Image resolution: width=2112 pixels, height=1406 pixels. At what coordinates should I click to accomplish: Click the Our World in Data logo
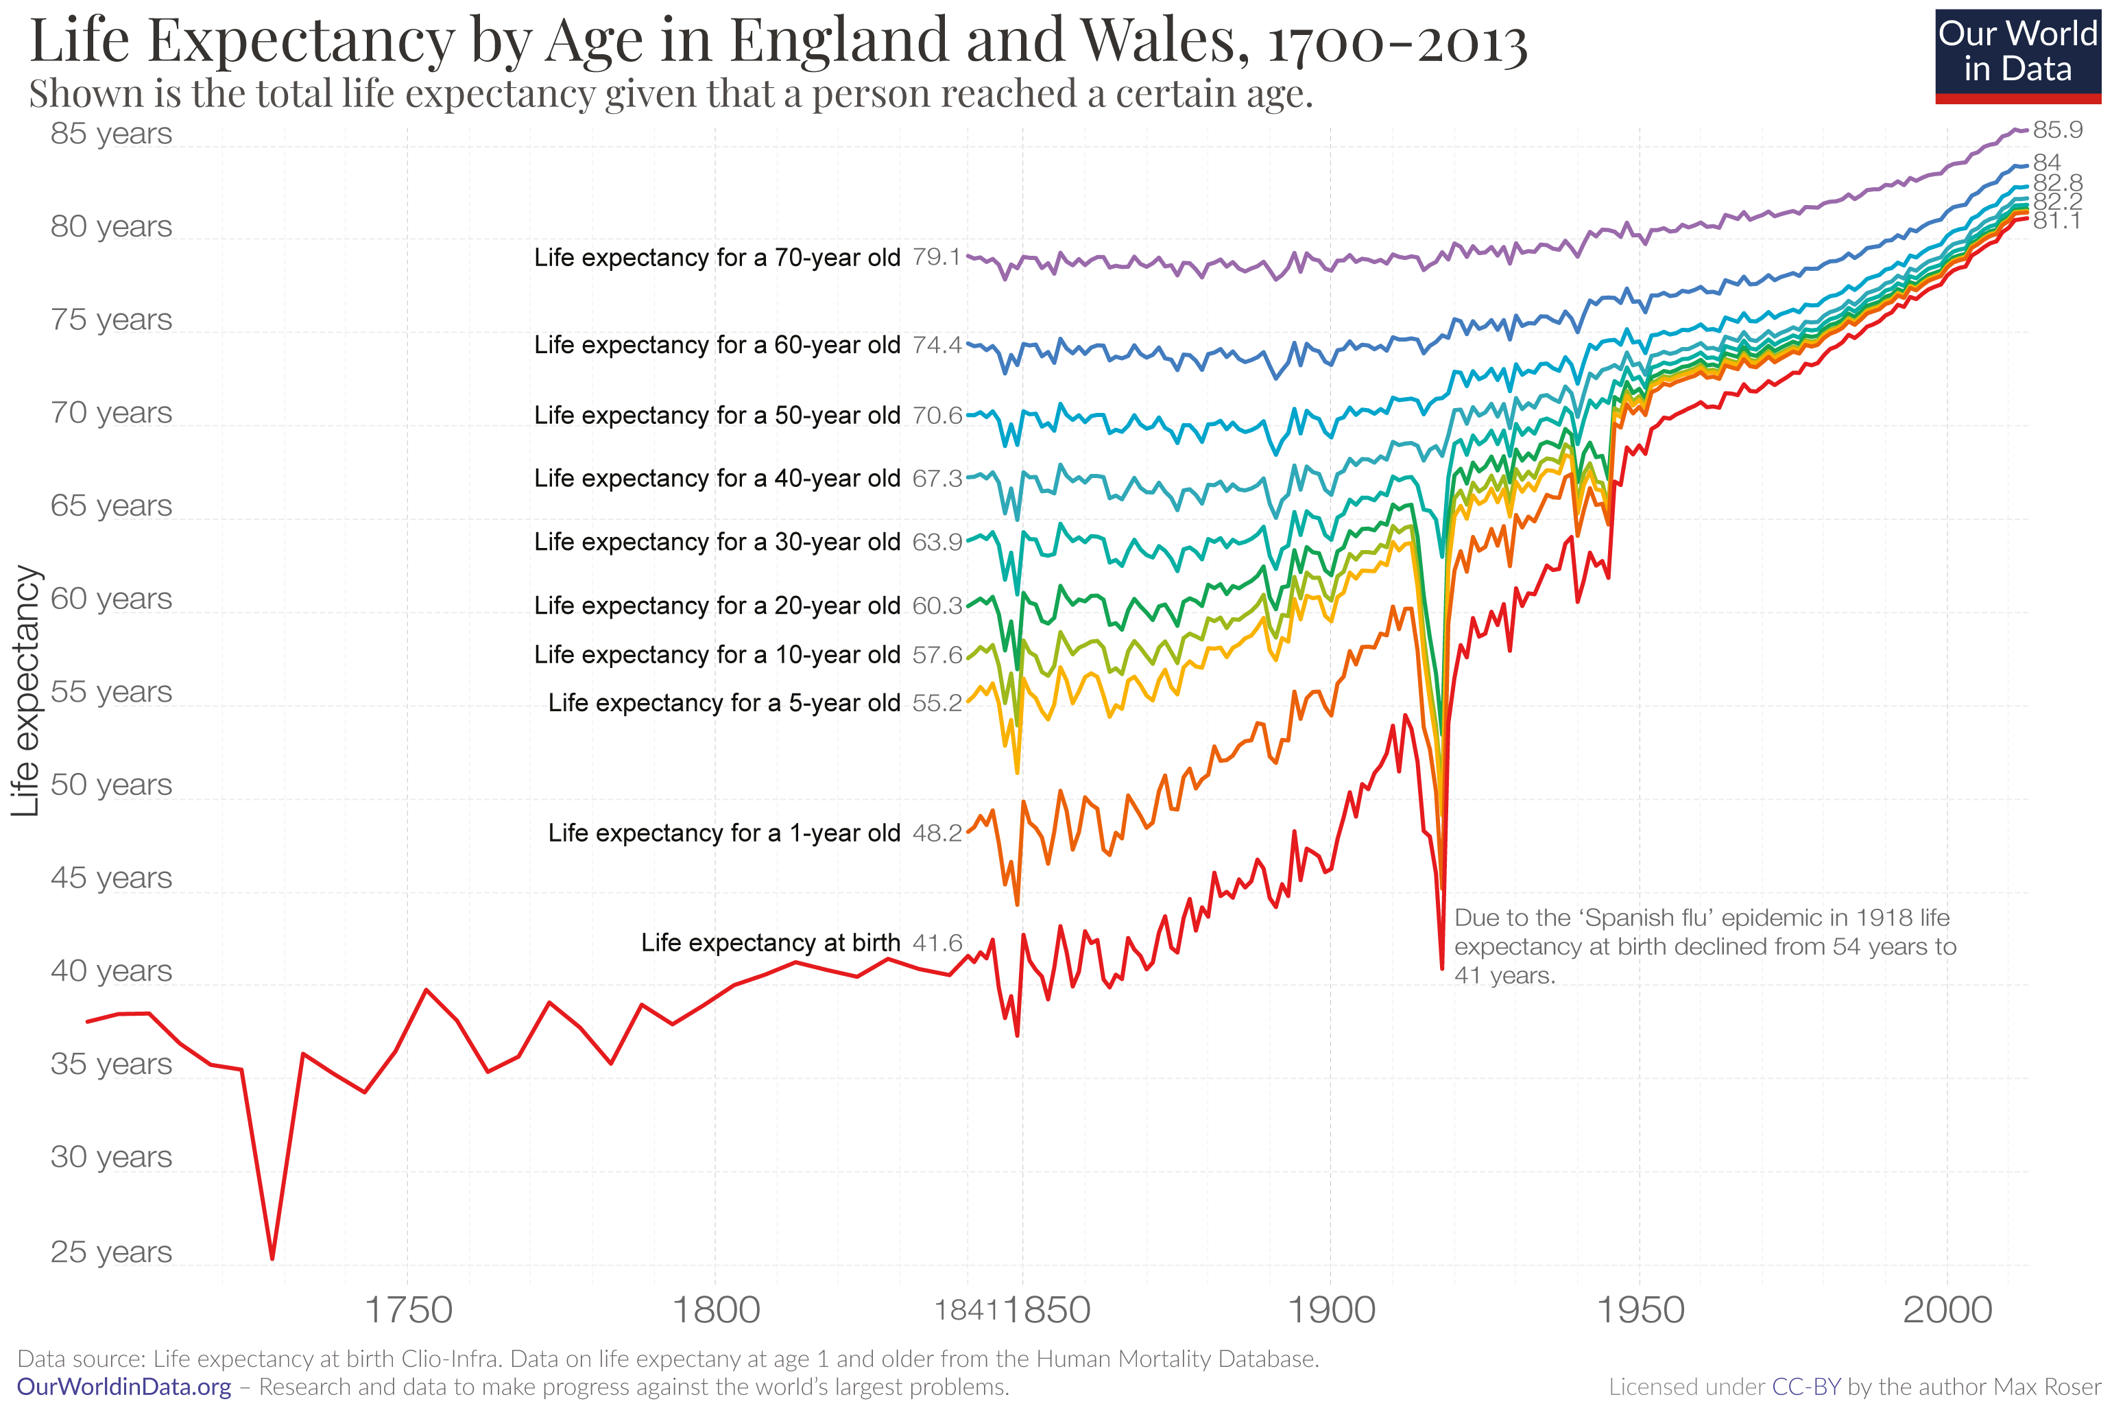pyautogui.click(x=2017, y=53)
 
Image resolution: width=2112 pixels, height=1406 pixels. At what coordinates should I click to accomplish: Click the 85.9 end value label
pyautogui.click(x=2056, y=130)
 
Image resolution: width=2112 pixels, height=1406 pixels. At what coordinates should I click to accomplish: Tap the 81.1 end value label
pyautogui.click(x=2056, y=221)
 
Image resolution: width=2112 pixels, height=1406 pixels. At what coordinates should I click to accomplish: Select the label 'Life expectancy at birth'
pyautogui.click(x=770, y=942)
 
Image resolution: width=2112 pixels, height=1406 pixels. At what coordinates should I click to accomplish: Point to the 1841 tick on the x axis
pyautogui.click(x=965, y=1311)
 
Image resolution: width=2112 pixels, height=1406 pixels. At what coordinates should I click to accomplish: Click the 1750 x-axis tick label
pyautogui.click(x=408, y=1311)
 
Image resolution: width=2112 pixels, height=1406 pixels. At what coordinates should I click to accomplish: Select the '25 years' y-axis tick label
pyautogui.click(x=110, y=1251)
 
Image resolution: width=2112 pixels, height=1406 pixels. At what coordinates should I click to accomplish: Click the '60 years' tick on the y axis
pyautogui.click(x=110, y=598)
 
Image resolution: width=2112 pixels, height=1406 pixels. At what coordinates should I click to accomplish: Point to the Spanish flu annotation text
pyautogui.click(x=1703, y=946)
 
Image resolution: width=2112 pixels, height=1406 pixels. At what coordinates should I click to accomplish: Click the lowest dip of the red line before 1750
pyautogui.click(x=272, y=1258)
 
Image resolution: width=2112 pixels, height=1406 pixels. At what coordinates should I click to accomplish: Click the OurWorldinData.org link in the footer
pyautogui.click(x=123, y=1387)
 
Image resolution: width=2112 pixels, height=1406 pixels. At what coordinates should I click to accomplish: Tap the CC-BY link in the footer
pyautogui.click(x=1805, y=1387)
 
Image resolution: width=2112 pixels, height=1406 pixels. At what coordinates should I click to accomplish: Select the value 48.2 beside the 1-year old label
pyautogui.click(x=937, y=833)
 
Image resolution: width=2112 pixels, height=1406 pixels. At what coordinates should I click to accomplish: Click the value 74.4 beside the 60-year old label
pyautogui.click(x=937, y=345)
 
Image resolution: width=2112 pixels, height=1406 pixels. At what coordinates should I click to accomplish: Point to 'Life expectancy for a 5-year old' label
pyautogui.click(x=723, y=703)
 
